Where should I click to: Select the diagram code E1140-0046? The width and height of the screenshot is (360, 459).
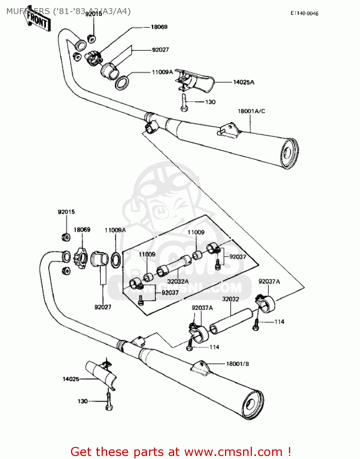[304, 13]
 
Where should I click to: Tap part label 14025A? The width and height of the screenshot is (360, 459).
[244, 82]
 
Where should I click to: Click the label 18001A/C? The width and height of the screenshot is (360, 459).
[251, 111]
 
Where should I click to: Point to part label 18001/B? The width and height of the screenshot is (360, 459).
[238, 364]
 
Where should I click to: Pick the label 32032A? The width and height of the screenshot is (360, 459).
[178, 281]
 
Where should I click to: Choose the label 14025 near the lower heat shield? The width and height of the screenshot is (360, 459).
[71, 379]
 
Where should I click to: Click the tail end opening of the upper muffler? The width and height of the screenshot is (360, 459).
[289, 153]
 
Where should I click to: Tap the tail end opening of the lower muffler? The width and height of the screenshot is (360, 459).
[253, 405]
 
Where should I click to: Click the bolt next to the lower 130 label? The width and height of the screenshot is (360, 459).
[109, 401]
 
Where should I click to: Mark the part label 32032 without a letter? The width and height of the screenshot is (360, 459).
[231, 299]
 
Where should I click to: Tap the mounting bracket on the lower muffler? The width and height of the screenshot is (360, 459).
[201, 367]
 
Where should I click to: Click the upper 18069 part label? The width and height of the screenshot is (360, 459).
[159, 27]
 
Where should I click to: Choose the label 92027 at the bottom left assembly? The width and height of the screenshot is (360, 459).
[103, 307]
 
